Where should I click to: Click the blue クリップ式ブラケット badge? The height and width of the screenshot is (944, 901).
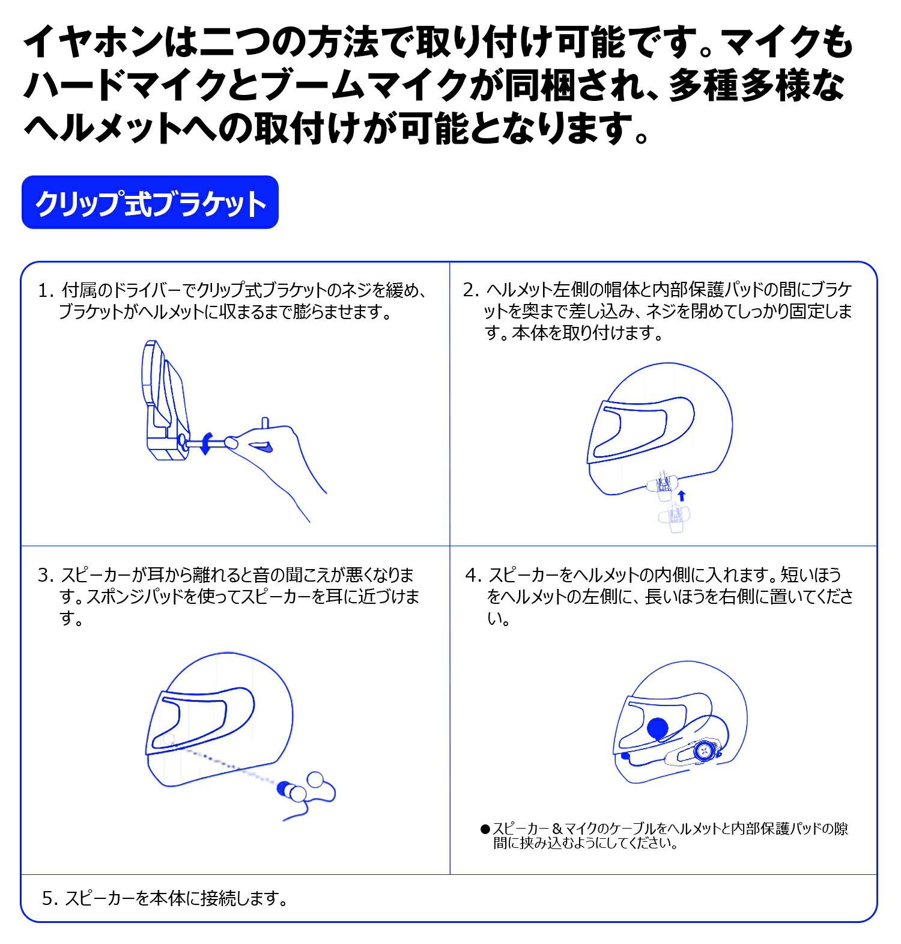(x=150, y=203)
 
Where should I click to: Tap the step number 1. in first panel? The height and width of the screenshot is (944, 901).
(x=46, y=291)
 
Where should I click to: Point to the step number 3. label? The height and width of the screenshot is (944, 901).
(x=46, y=575)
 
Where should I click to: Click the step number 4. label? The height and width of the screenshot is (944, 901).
(x=473, y=575)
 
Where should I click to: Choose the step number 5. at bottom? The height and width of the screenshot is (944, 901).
(x=50, y=898)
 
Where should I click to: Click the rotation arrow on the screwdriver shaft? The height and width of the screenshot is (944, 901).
(x=206, y=443)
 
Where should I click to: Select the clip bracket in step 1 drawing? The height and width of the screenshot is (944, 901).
(x=163, y=403)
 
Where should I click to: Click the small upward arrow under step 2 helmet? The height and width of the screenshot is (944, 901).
(x=681, y=495)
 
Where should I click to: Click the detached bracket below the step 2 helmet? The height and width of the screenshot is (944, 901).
(x=675, y=517)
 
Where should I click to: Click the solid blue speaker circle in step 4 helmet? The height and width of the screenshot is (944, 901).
(x=658, y=728)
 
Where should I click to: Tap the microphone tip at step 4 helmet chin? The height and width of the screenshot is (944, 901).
(x=626, y=757)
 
